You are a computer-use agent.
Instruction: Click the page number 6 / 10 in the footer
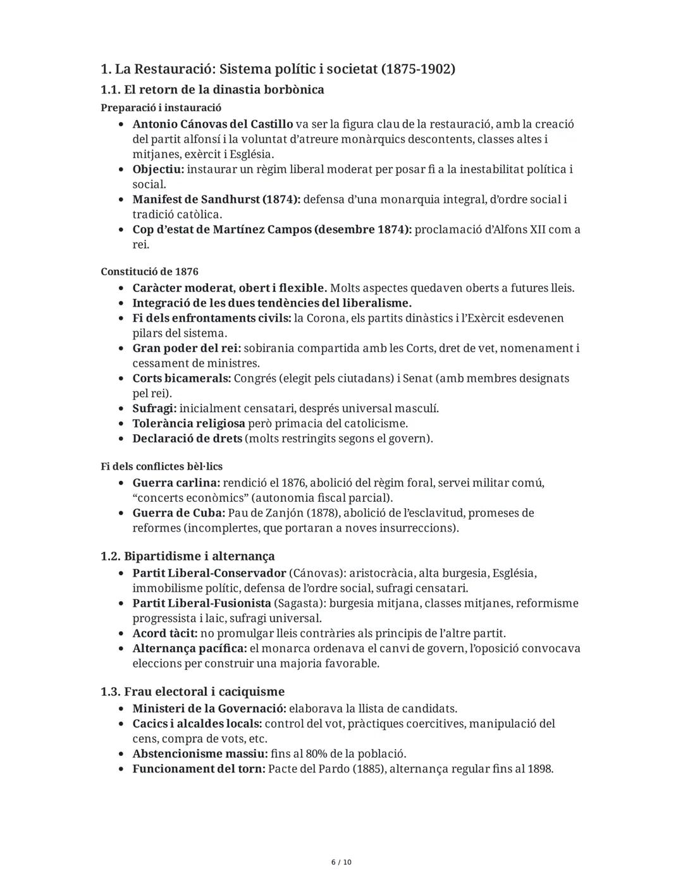point(341,862)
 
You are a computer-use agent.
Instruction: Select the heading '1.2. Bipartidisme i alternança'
point(188,556)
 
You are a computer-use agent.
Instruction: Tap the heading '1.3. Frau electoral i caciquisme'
point(192,691)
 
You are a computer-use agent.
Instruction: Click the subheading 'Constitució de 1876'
point(149,272)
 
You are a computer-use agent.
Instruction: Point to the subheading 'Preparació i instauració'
point(161,108)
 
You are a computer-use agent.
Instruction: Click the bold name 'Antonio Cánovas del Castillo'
point(212,124)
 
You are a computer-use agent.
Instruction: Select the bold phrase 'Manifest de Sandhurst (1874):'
point(216,199)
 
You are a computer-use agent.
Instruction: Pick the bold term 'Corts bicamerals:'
point(182,378)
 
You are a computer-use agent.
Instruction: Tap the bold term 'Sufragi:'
point(154,408)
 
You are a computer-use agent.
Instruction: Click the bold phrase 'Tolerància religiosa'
point(188,423)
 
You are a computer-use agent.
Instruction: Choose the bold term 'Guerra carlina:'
point(176,483)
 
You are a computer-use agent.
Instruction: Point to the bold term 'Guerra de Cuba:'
point(178,513)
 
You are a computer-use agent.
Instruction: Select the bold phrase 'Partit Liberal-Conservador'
point(209,573)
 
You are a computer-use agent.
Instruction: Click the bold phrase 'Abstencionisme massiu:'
point(200,753)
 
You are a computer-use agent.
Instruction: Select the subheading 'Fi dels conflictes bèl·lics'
point(161,466)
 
